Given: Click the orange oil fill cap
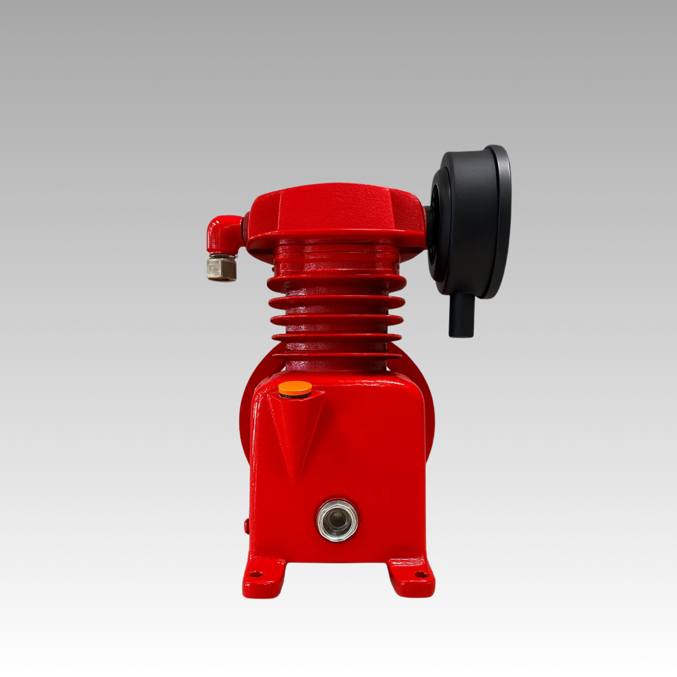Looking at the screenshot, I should (x=295, y=388).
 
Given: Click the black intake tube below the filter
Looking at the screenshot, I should (x=461, y=316).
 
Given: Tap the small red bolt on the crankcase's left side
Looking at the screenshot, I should (x=246, y=525).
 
